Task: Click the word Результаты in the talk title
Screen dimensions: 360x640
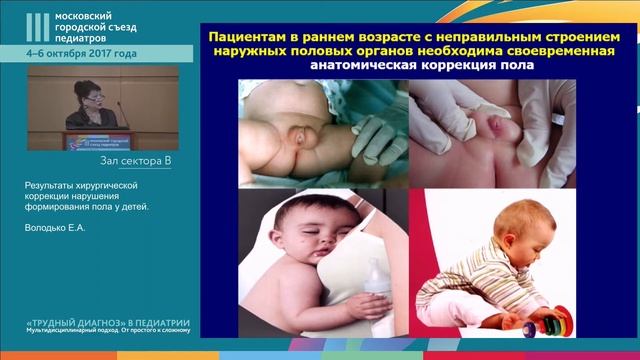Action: click(51, 186)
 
